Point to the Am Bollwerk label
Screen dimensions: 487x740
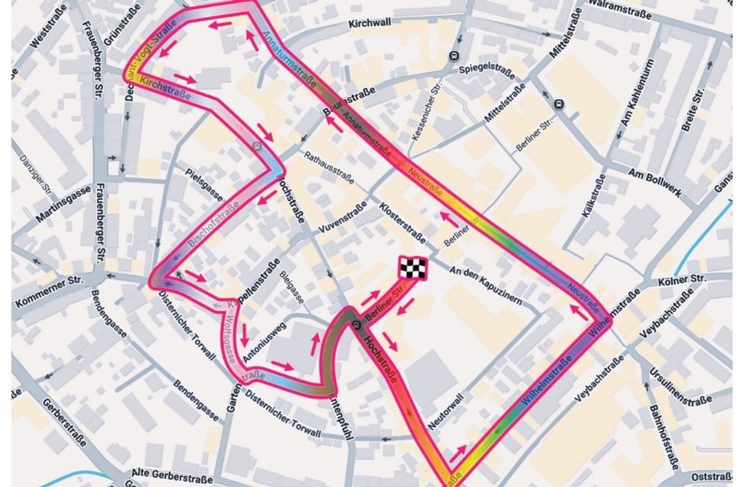pos(655,182)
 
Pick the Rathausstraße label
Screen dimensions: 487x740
pos(332,168)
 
